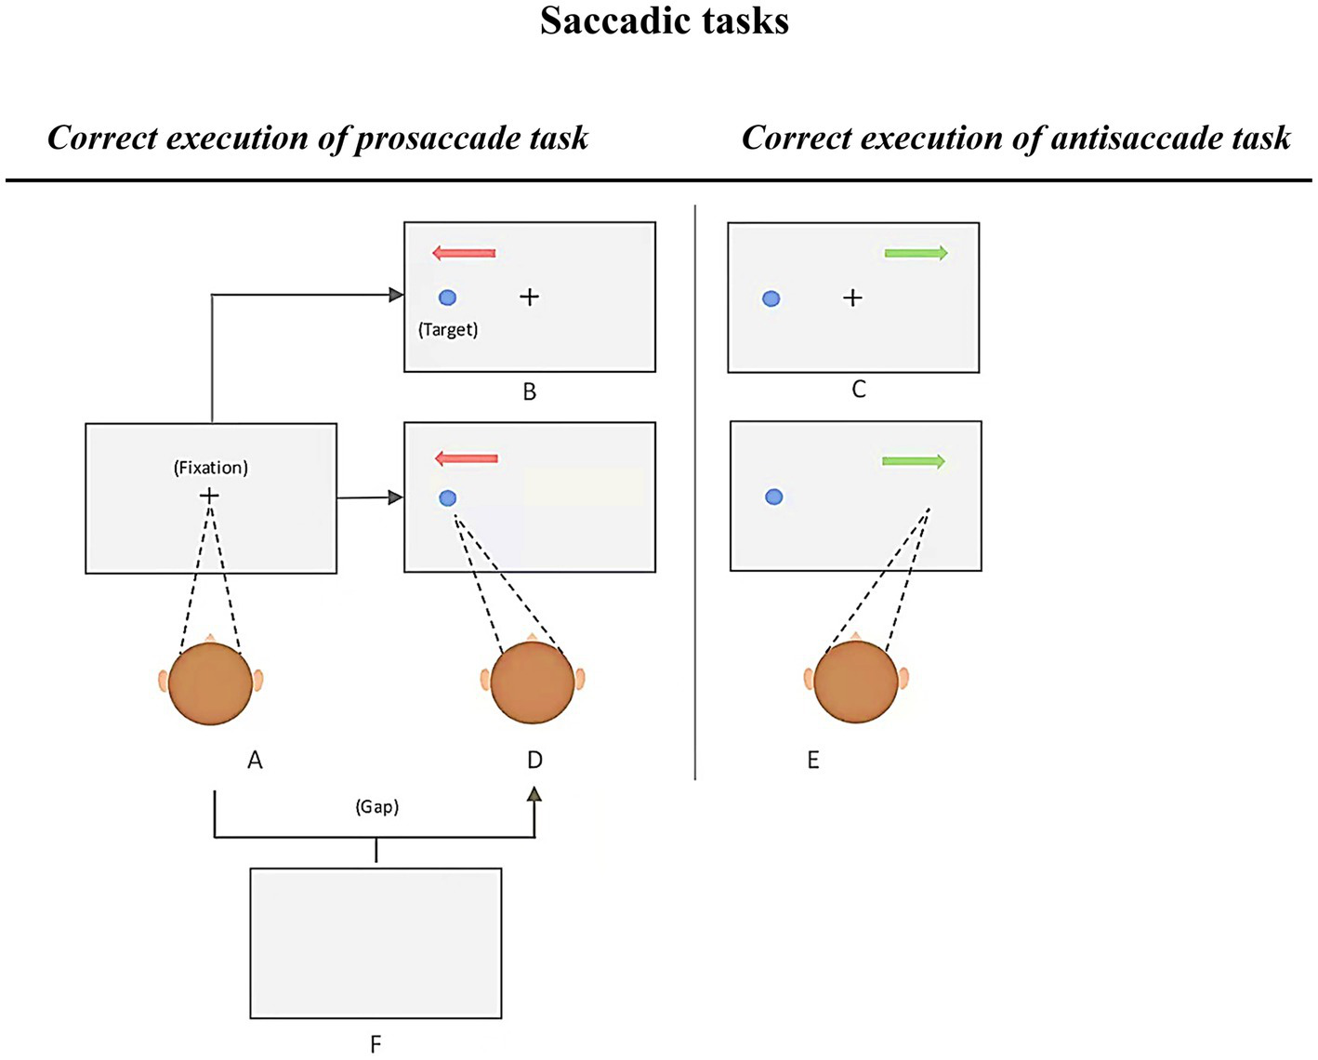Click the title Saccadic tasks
pos(664,20)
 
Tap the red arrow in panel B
pos(464,253)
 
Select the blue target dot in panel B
pos(447,298)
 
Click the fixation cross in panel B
pos(529,298)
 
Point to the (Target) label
pos(448,329)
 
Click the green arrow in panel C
pos(916,253)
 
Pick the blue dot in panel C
pos(771,298)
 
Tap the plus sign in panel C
pos(852,298)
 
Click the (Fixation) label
pos(211,468)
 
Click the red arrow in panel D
pos(467,458)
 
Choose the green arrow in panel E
pos(913,461)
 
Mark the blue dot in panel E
pos(773,497)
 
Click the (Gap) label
pos(376,807)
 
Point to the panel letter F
pos(376,1044)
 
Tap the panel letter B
pos(529,391)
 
